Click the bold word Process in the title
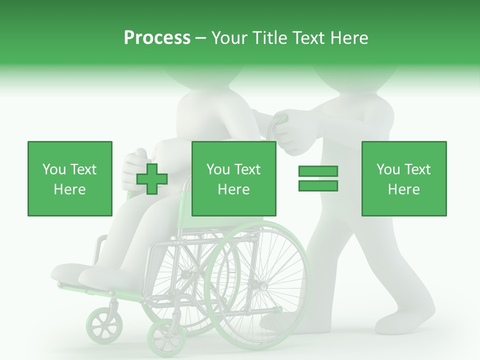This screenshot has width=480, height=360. click(x=157, y=38)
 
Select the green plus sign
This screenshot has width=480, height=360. click(x=152, y=179)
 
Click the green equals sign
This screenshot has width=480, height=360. click(x=318, y=178)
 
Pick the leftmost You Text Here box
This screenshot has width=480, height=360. click(x=69, y=178)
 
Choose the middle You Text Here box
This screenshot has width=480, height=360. click(x=233, y=178)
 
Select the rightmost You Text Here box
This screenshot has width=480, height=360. click(x=403, y=178)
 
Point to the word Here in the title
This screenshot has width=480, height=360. click(x=349, y=38)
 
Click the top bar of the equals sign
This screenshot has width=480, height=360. click(x=318, y=171)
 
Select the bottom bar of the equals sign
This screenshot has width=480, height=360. click(x=318, y=185)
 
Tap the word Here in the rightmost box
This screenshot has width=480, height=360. click(x=403, y=189)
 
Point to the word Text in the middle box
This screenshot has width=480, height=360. click(x=247, y=169)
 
